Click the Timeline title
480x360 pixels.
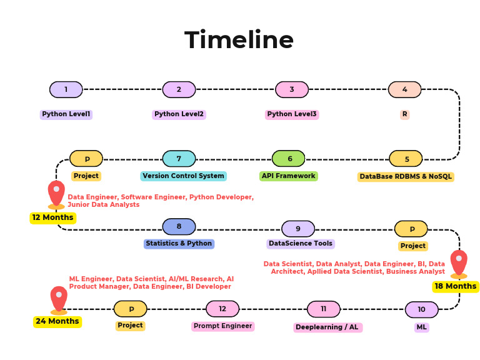(239, 41)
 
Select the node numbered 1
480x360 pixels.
(66, 89)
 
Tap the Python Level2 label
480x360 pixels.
(179, 114)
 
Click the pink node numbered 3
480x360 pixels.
(292, 89)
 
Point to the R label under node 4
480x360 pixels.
(404, 114)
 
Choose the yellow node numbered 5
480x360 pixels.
(406, 159)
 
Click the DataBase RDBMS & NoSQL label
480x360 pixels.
(406, 177)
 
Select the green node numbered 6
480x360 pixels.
(289, 159)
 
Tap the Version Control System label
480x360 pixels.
(183, 176)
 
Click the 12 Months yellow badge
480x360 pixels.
(53, 217)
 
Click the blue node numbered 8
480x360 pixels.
(179, 226)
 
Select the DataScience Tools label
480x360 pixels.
(301, 244)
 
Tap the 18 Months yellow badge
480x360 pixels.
(456, 286)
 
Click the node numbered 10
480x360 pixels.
(422, 309)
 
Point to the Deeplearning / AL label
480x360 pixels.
(327, 327)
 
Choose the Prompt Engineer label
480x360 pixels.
(222, 326)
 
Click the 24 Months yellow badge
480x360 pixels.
(57, 321)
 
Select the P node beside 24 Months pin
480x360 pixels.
(131, 309)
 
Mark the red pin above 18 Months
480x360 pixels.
(459, 262)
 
